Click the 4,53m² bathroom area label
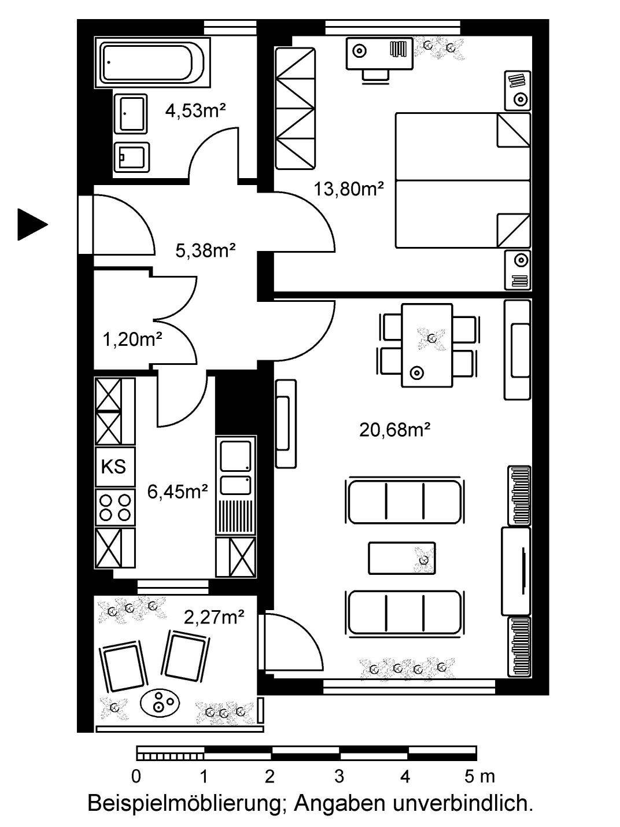(195, 111)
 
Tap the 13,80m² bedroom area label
(349, 189)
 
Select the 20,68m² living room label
(395, 430)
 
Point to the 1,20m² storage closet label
(132, 340)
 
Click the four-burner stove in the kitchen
(115, 507)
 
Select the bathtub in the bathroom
(152, 62)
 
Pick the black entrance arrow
(32, 224)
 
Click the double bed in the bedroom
(463, 180)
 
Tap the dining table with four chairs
(427, 345)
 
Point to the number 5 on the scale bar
(469, 775)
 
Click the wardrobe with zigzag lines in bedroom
(295, 108)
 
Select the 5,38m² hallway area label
(206, 250)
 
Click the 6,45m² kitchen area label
(178, 492)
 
